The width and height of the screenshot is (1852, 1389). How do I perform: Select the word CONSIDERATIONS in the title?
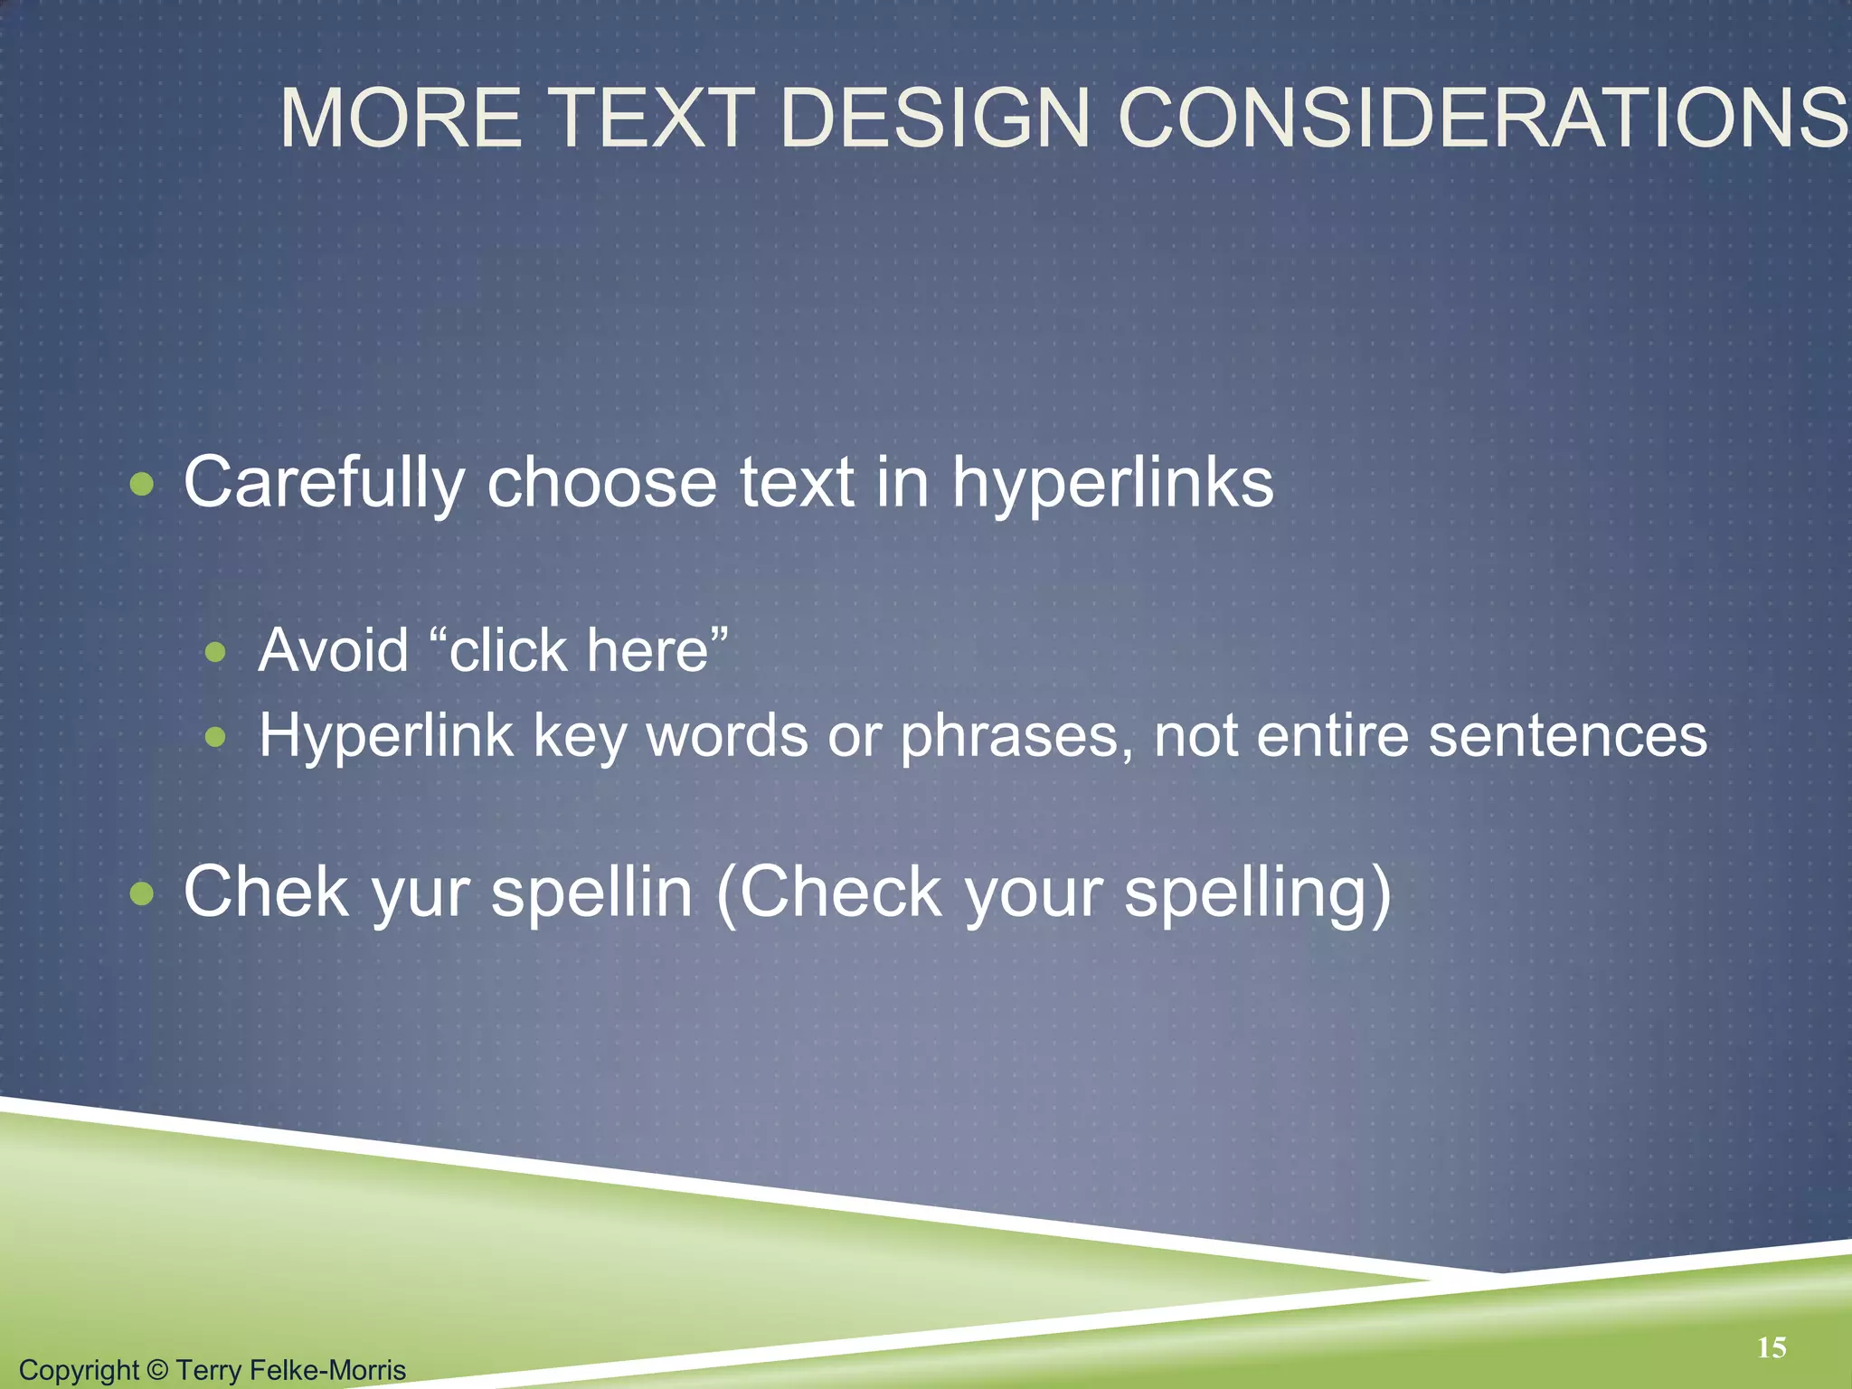click(1483, 118)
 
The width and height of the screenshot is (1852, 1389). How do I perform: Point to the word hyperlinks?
click(1112, 483)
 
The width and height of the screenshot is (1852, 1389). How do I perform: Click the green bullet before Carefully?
click(142, 486)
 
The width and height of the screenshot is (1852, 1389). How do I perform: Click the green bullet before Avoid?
click(215, 652)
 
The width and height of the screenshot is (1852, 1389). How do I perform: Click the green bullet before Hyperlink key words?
click(215, 737)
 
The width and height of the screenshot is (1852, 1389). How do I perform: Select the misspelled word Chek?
click(266, 893)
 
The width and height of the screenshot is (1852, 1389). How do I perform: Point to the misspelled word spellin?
click(591, 893)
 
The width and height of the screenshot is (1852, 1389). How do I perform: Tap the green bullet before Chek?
click(142, 894)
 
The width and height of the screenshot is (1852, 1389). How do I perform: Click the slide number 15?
click(1772, 1348)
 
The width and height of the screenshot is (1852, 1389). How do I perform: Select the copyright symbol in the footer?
click(157, 1370)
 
